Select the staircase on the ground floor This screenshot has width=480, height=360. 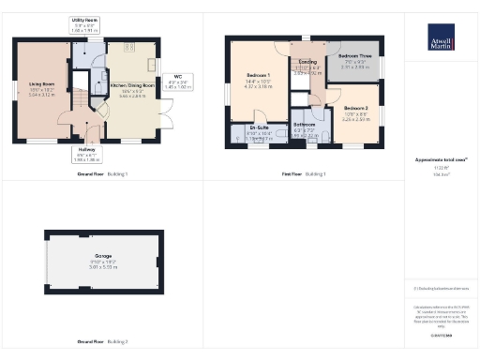pyautogui.click(x=81, y=95)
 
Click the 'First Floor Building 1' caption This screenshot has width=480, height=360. pyautogui.click(x=304, y=174)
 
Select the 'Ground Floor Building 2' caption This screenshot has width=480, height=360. pyautogui.click(x=102, y=341)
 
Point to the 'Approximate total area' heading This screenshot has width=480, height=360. pyautogui.click(x=441, y=161)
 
